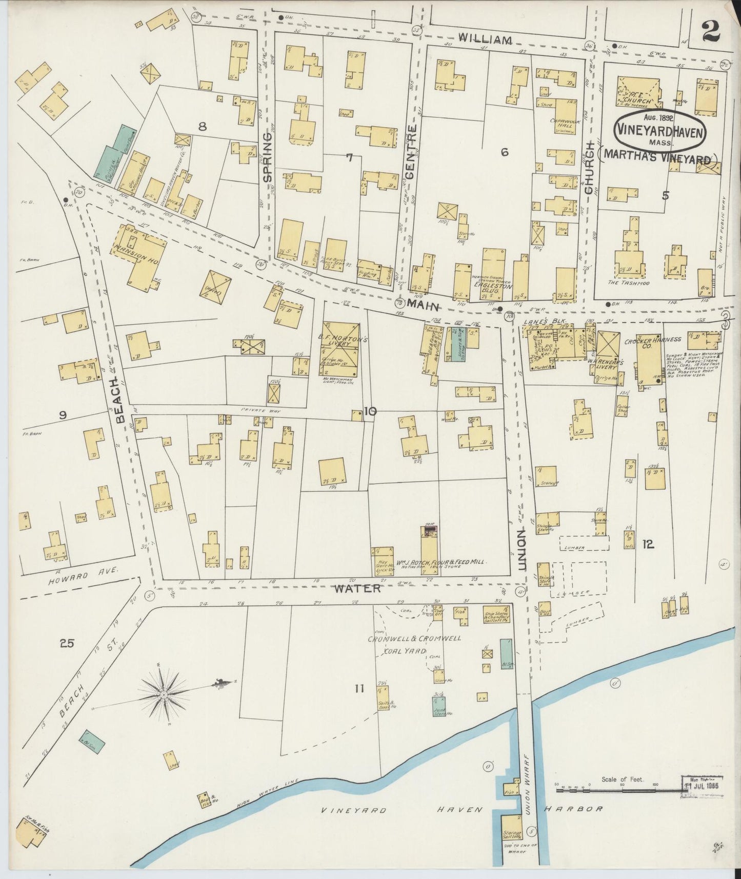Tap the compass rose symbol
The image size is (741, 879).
pyautogui.click(x=163, y=695)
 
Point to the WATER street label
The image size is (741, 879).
pyautogui.click(x=359, y=588)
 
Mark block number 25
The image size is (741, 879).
pyautogui.click(x=67, y=643)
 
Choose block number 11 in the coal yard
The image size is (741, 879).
pyautogui.click(x=358, y=688)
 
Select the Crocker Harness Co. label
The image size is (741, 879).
pyautogui.click(x=652, y=343)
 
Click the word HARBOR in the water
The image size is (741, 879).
pyautogui.click(x=580, y=809)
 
